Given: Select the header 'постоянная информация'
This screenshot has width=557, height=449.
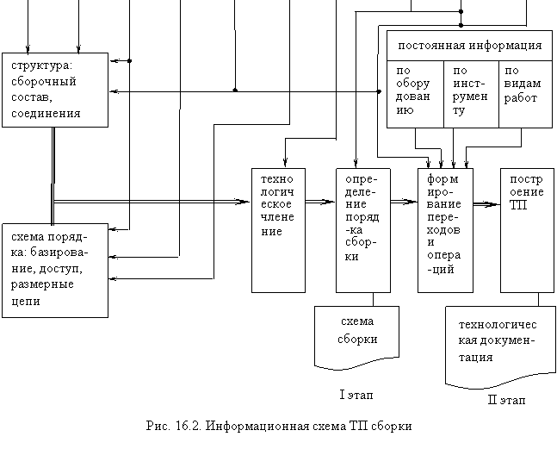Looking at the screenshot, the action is tap(469, 46).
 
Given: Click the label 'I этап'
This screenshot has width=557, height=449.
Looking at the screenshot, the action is tap(356, 395).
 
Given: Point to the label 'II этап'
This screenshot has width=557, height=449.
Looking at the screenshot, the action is tap(506, 400).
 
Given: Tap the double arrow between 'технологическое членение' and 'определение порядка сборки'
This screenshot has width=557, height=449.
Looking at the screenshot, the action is tap(320, 202).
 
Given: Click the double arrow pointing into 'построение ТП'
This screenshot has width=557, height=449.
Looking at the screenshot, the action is tap(486, 204).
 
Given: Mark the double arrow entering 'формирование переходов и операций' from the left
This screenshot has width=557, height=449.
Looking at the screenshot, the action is tap(405, 202).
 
